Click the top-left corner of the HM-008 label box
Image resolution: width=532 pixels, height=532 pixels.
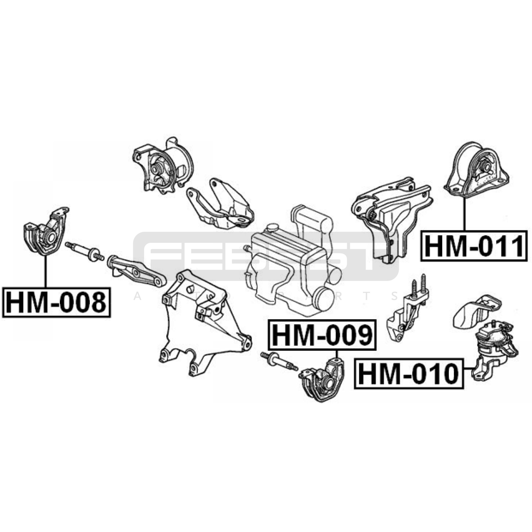pos(3,288)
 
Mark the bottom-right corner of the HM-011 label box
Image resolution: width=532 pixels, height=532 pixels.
pos(527,260)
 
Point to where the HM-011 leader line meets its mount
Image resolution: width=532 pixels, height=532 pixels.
pos(464,197)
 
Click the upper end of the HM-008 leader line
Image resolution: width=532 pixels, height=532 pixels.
pos(45,255)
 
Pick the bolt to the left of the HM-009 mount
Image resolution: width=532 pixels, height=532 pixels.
pos(279,361)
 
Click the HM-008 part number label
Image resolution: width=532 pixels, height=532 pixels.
pos(56,302)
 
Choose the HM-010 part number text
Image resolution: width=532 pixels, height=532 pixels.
pos(409,374)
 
